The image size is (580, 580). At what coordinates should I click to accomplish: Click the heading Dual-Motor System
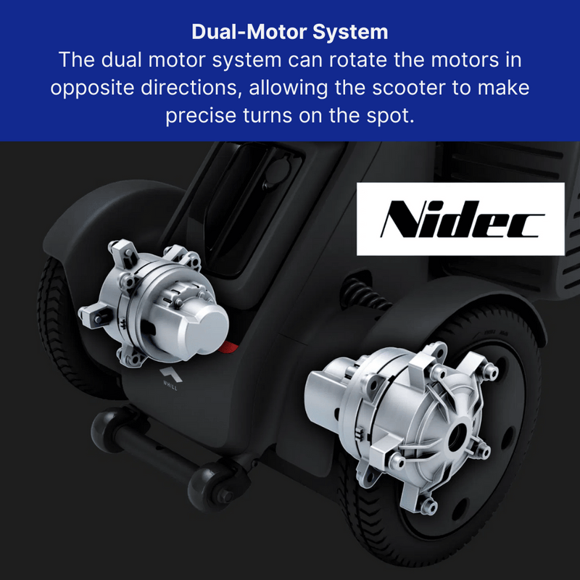coord(289,32)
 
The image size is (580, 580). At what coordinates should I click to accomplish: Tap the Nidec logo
coord(460,219)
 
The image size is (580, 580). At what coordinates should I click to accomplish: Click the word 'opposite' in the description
coord(92,88)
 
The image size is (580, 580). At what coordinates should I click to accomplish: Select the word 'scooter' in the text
coord(409,88)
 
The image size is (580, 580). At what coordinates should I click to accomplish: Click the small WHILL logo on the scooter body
coord(170,378)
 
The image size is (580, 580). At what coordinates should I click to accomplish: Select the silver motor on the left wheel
coord(154,302)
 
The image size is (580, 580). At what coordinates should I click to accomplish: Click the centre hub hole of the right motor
coord(458,431)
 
